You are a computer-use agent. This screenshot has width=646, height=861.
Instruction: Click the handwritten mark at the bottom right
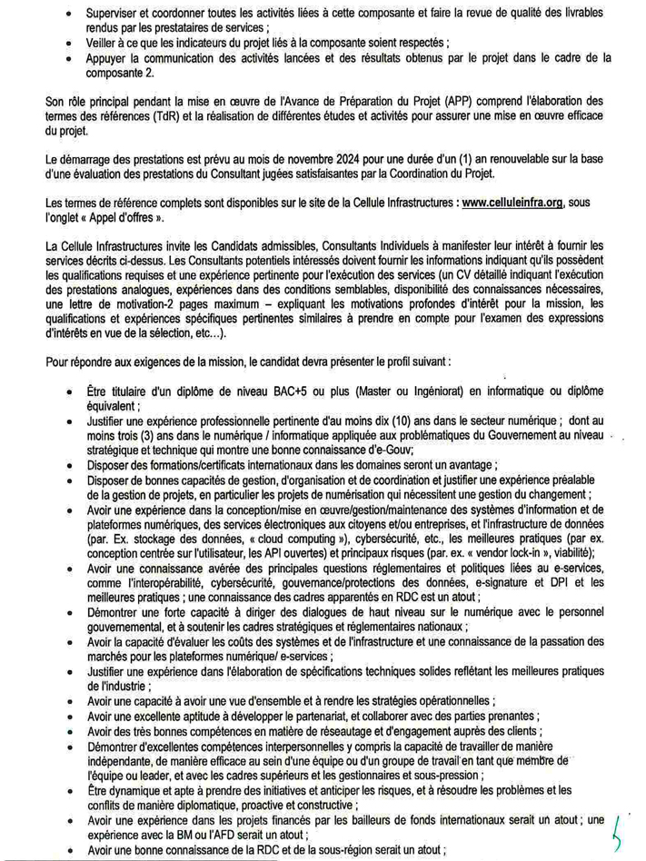tap(619, 826)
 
